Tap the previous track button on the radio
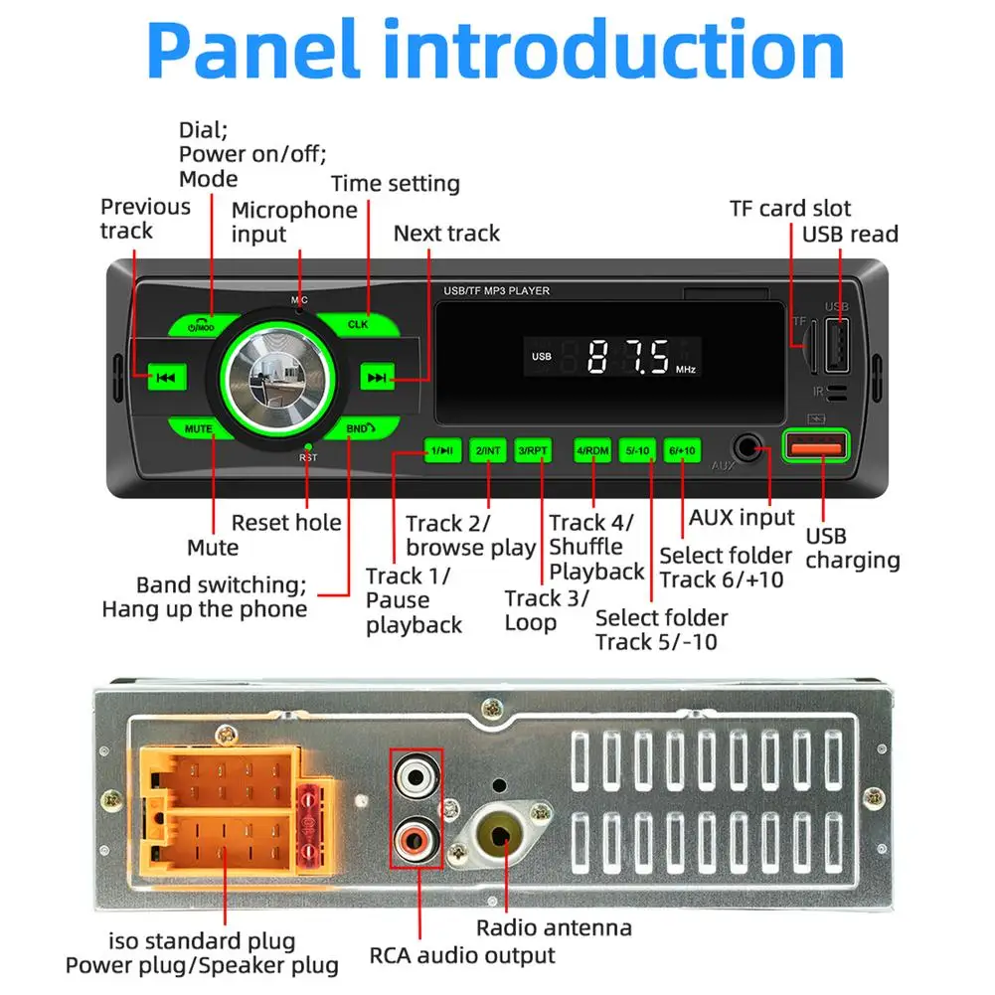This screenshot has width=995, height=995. pos(166,377)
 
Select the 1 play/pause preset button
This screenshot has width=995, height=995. pos(441,450)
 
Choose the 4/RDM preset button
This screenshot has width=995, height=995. pos(592,450)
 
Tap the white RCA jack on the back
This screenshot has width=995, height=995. pos(416,772)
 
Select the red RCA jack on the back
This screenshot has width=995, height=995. pos(416,837)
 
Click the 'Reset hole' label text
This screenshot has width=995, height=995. pos(286,523)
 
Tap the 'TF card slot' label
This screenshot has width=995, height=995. pos(790,209)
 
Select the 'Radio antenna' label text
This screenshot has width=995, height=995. pos(554,928)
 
